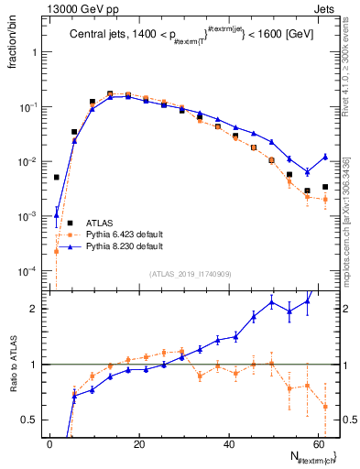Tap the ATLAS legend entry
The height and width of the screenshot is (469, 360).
(100, 223)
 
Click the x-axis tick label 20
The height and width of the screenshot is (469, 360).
(139, 443)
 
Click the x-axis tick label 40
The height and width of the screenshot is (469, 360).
(229, 443)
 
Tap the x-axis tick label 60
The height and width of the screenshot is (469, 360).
(318, 443)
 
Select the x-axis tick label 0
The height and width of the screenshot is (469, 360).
(50, 443)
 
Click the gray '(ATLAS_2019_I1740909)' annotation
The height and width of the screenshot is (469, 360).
(191, 273)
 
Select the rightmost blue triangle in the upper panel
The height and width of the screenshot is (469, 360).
(325, 157)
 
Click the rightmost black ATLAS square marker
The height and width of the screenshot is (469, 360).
(325, 187)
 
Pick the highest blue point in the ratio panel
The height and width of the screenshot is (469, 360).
(307, 300)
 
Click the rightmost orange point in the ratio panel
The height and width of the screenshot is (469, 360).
(325, 407)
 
